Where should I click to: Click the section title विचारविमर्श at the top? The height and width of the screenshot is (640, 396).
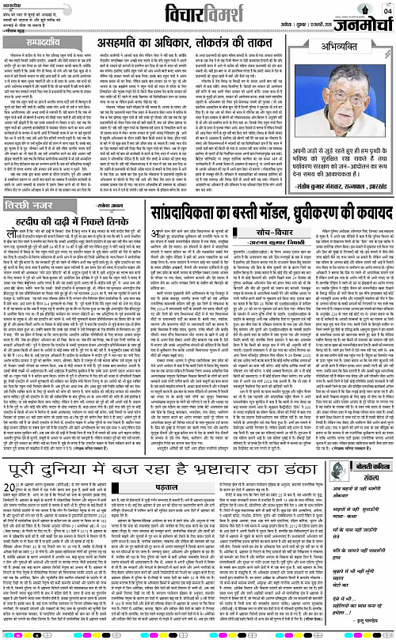(x=198, y=13)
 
